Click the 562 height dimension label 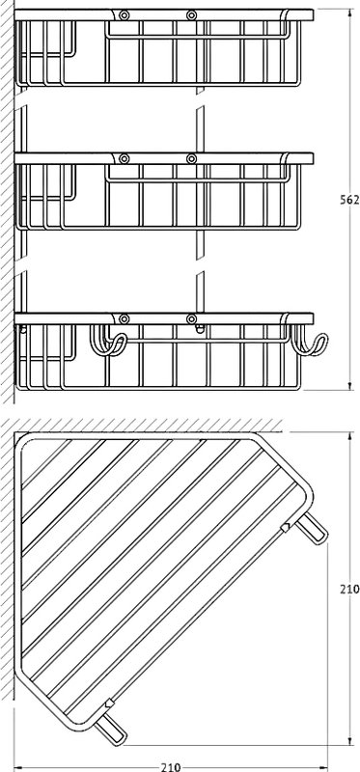349,200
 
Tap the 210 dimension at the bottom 171,767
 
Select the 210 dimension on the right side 349,589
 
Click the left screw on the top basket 125,15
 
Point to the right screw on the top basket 191,15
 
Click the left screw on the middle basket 125,158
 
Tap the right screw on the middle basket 191,158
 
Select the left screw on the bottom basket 125,318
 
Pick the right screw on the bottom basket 191,318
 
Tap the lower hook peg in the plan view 110,730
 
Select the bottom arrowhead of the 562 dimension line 349,385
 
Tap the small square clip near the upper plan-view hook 285,528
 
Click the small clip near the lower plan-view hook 109,704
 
